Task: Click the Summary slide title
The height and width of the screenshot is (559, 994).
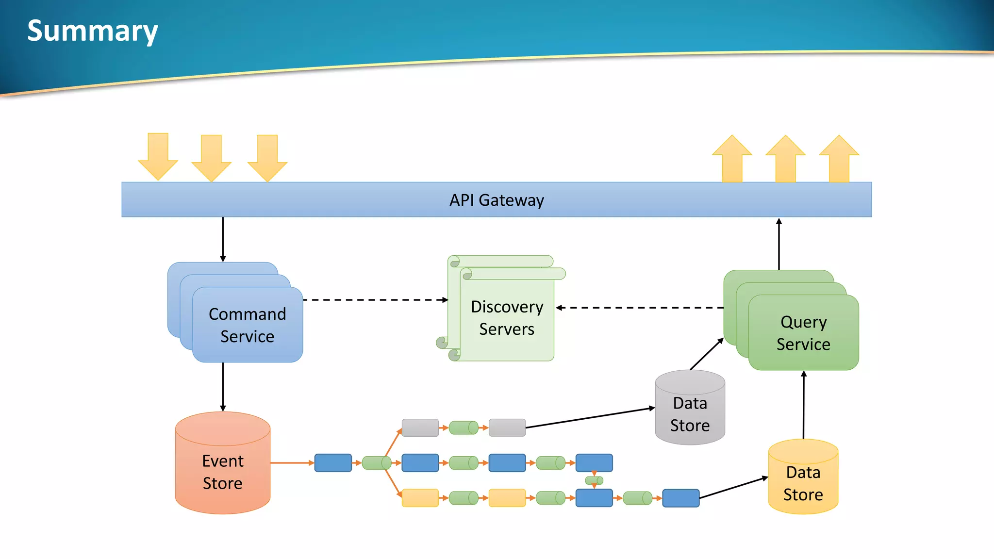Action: coord(92,31)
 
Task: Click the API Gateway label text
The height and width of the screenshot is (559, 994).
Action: coord(497,200)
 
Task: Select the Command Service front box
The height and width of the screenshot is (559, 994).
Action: coord(248,325)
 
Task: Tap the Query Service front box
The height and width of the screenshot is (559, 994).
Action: coord(803,333)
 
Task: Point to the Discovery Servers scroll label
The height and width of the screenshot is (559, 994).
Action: coord(507,318)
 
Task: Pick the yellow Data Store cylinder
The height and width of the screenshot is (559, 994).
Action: coord(803,483)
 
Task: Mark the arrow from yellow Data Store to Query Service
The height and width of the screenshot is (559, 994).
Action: coord(804,405)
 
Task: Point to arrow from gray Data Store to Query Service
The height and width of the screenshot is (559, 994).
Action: coord(707,354)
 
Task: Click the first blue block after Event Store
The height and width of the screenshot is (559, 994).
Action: coord(333,463)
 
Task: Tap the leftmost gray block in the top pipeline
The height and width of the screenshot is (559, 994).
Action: coord(420,428)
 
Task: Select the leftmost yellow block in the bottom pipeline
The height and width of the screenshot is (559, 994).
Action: coord(420,498)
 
